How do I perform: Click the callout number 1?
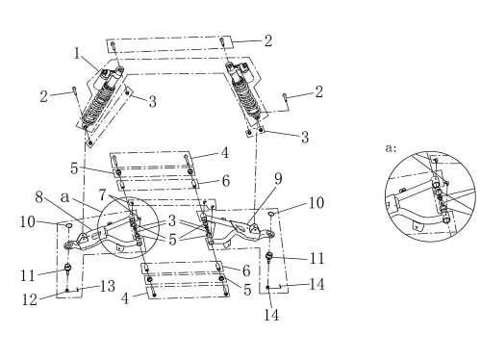pyautogui.click(x=76, y=53)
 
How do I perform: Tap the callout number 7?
pyautogui.click(x=103, y=194)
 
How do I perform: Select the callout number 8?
pyautogui.click(x=39, y=196)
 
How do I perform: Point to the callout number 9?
pyautogui.click(x=278, y=179)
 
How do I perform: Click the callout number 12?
pyautogui.click(x=30, y=299)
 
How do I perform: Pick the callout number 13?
pyautogui.click(x=108, y=286)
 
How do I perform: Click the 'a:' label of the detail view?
pyautogui.click(x=391, y=148)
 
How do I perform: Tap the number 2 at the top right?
pyautogui.click(x=268, y=40)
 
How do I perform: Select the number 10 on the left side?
pyautogui.click(x=28, y=221)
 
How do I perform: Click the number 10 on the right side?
pyautogui.click(x=316, y=203)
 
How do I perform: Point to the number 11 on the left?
pyautogui.click(x=28, y=275)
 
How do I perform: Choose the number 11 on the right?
pyautogui.click(x=317, y=258)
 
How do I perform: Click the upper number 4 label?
pyautogui.click(x=225, y=153)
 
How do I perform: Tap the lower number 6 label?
pyautogui.click(x=246, y=270)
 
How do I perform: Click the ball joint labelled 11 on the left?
pyautogui.click(x=68, y=269)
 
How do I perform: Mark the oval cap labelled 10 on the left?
pyautogui.click(x=69, y=226)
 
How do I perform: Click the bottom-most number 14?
pyautogui.click(x=271, y=315)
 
